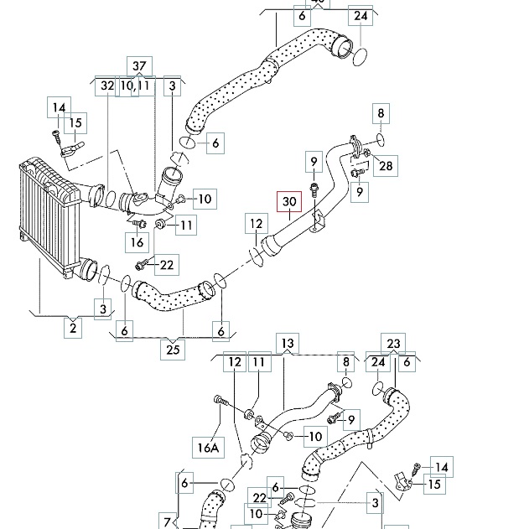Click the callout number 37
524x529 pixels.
click(x=139, y=66)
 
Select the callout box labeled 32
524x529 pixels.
click(x=107, y=86)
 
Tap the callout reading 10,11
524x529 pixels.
click(x=134, y=86)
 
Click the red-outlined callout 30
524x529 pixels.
click(x=289, y=202)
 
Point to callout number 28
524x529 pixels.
click(x=385, y=165)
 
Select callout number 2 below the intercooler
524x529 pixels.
click(x=73, y=328)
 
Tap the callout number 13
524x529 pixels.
click(x=288, y=343)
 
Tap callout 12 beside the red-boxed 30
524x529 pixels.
click(x=256, y=225)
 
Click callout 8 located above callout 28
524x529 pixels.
click(x=380, y=113)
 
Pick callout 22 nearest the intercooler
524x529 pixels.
click(x=166, y=265)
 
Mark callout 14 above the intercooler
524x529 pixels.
click(x=59, y=107)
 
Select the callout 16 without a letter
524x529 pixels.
click(x=137, y=243)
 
